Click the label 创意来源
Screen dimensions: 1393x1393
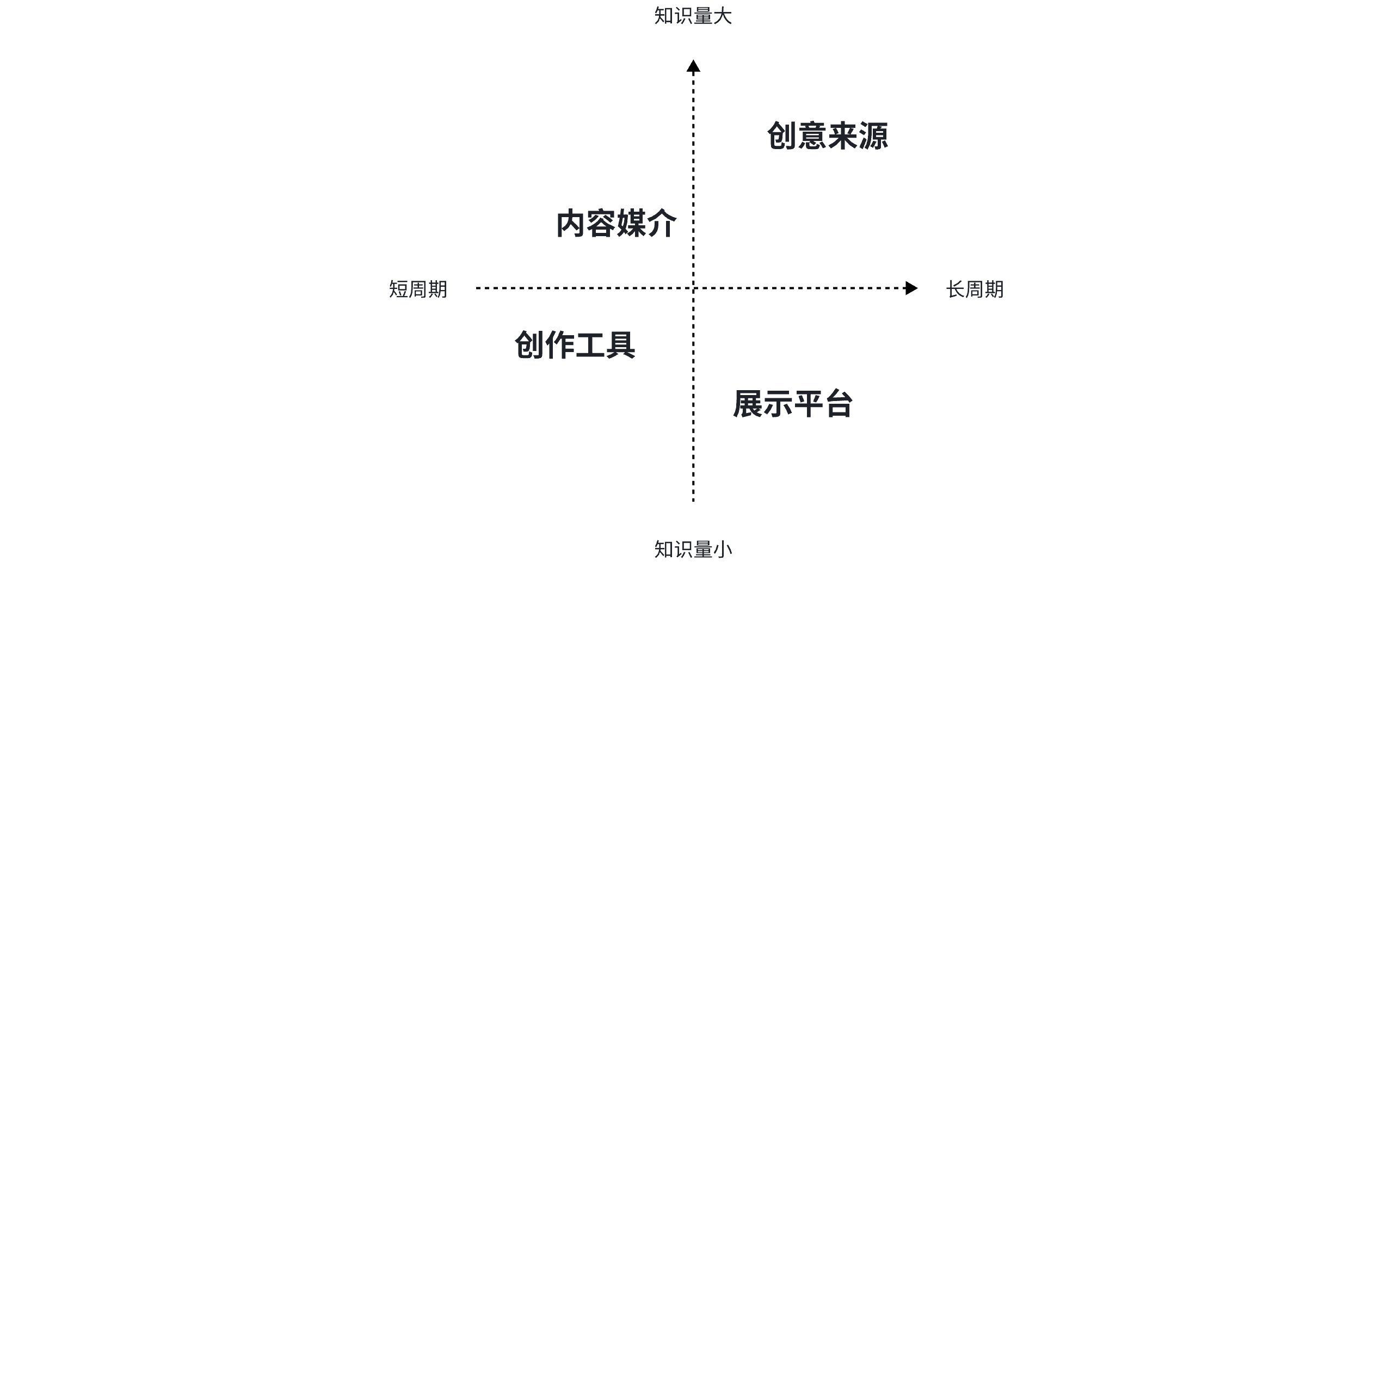827,136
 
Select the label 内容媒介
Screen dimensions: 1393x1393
616,224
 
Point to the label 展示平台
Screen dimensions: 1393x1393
793,404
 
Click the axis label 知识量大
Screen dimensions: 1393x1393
693,16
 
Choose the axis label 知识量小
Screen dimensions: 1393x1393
693,550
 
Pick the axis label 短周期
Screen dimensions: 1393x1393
418,289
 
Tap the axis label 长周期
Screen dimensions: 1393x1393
975,289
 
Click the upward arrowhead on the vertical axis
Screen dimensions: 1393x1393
693,66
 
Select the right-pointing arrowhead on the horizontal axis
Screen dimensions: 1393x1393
911,288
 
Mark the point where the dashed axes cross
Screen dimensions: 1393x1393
693,288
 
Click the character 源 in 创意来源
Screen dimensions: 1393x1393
873,136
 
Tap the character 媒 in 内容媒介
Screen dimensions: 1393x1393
632,224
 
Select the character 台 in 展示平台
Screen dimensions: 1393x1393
839,404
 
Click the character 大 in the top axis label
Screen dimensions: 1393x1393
723,16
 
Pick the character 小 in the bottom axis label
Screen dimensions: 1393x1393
723,550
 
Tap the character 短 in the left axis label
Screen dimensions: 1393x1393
399,289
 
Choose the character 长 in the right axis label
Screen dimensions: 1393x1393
956,289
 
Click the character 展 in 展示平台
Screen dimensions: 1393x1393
748,404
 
